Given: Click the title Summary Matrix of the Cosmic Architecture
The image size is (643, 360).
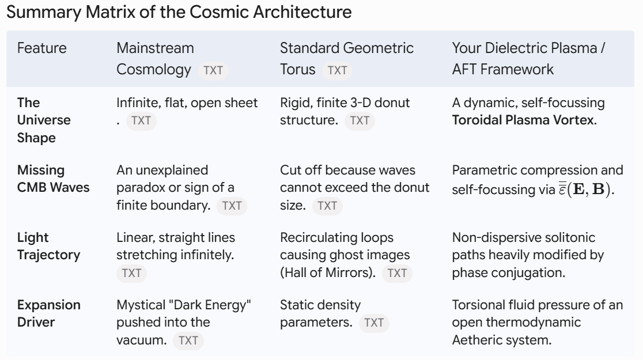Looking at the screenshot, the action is click(x=179, y=12).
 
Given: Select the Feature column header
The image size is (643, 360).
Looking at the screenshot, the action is click(x=42, y=48).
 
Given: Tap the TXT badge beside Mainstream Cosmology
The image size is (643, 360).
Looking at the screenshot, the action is click(x=213, y=70).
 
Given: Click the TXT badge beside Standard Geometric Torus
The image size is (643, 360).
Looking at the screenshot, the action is click(x=337, y=70).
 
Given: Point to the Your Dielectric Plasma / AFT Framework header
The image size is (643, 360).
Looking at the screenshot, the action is click(x=528, y=59).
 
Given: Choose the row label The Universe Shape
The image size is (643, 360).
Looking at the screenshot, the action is click(x=44, y=120).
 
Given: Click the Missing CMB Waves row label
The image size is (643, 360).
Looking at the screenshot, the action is click(x=54, y=179).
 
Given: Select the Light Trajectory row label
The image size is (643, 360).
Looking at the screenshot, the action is click(x=49, y=246).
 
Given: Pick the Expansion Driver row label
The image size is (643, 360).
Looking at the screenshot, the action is click(x=49, y=314).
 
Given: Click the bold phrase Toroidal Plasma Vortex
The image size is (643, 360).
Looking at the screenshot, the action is click(x=524, y=120).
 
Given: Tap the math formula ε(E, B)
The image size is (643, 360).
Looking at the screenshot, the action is click(x=586, y=188).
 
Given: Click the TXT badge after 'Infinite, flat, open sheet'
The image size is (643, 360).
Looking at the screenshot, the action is click(x=141, y=121).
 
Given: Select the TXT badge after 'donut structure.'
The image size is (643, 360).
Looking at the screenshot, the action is click(x=360, y=121).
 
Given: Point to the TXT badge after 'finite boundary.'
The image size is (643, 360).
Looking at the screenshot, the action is click(x=232, y=206).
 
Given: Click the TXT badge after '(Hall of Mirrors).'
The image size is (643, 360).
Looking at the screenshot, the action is click(x=397, y=273).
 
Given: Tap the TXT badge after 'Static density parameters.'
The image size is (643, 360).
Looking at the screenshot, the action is click(x=374, y=323).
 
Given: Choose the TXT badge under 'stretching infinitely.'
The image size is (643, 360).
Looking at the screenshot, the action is click(x=131, y=273).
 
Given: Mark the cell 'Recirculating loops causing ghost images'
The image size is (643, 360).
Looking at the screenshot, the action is click(x=345, y=246).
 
